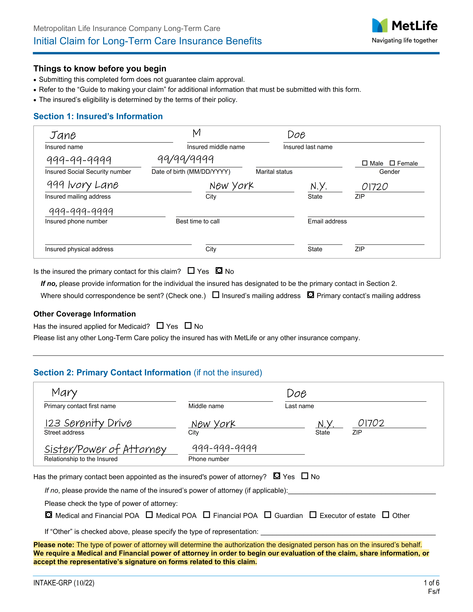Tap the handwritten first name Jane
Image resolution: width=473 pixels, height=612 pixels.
(x=63, y=135)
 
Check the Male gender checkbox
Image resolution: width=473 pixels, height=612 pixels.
(x=365, y=163)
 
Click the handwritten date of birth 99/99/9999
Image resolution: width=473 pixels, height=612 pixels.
(x=185, y=159)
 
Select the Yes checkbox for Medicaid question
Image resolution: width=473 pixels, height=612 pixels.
(x=160, y=326)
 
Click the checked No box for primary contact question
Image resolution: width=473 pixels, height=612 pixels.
(x=219, y=271)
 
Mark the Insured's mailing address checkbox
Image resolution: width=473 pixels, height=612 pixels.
(x=215, y=295)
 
